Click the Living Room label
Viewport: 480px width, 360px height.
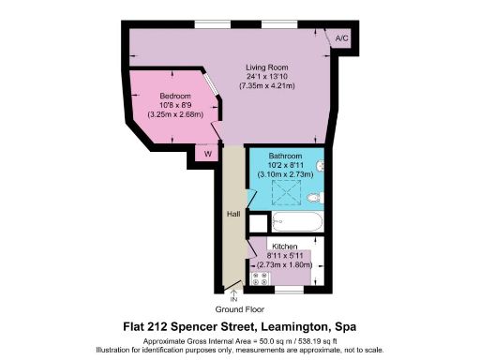266,67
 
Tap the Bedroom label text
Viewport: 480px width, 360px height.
175,97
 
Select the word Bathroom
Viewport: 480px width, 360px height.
285,155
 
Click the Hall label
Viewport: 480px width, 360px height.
232,215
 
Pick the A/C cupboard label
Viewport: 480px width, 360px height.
341,38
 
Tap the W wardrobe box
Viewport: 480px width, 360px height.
206,153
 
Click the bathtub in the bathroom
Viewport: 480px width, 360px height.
296,223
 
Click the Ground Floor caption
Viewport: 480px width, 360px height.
240,308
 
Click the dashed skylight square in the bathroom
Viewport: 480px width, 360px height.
284,191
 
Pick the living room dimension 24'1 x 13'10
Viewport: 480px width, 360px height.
266,77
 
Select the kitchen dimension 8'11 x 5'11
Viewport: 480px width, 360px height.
285,255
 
